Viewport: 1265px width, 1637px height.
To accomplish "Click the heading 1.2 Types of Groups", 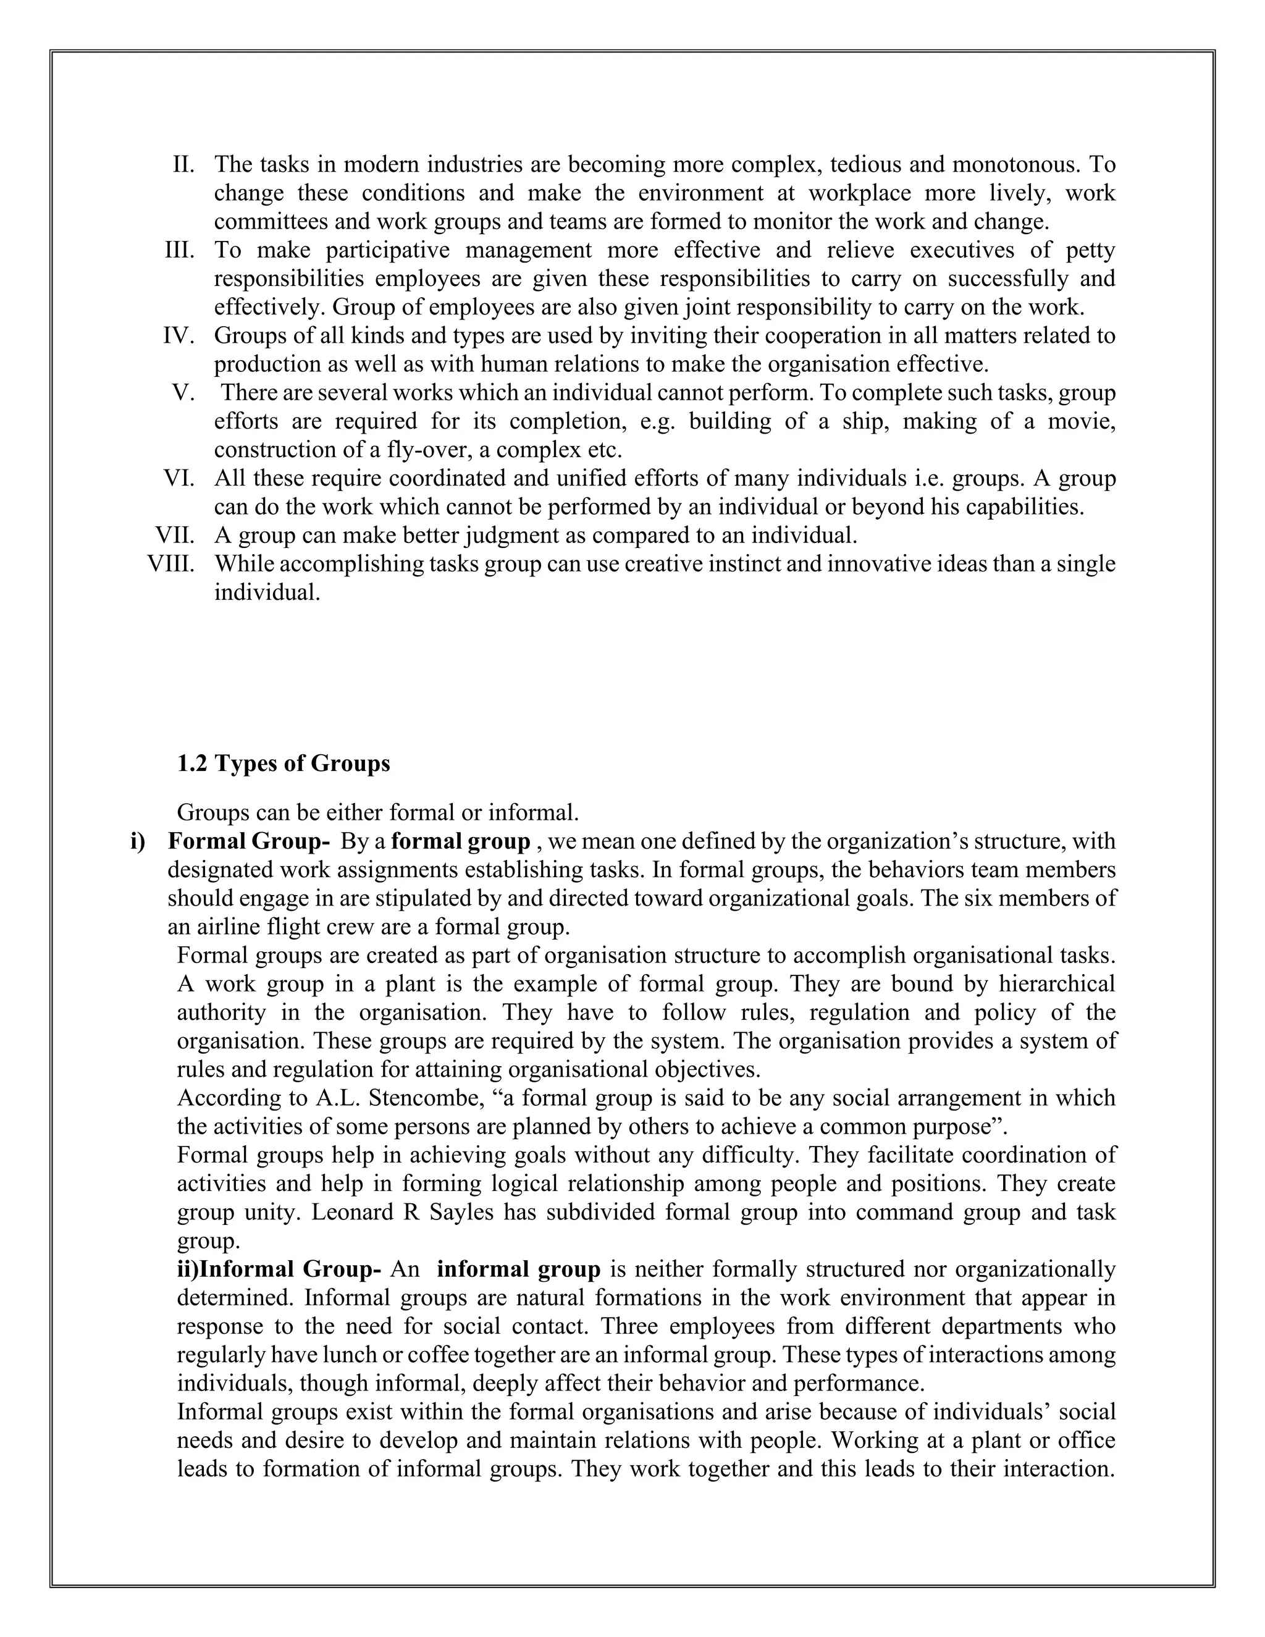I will pos(284,764).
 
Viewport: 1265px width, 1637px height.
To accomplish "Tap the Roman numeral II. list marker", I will pos(183,164).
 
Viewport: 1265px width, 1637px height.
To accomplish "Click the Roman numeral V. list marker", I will pos(183,393).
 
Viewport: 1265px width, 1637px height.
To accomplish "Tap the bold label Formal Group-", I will pos(248,842).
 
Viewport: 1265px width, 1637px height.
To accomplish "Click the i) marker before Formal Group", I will pos(138,842).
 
